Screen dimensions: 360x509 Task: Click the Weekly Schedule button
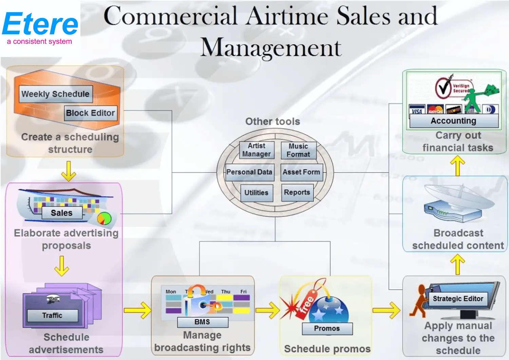[56, 94]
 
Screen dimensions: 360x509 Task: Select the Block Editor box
[91, 113]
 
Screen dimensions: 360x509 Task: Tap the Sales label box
[62, 213]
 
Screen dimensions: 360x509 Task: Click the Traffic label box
[52, 316]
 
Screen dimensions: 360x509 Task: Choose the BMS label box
[202, 322]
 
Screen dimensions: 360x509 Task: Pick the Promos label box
[327, 328]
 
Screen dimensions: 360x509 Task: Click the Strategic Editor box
[458, 299]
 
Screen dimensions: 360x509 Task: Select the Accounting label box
[453, 121]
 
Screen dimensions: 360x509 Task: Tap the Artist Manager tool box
[257, 150]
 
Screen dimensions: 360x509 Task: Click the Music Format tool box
[298, 150]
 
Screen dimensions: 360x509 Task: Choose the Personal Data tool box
[249, 172]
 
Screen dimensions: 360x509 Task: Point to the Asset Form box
[301, 172]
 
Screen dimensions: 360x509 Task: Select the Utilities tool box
[256, 193]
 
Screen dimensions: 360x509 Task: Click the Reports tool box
[297, 192]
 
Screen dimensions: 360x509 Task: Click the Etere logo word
[40, 24]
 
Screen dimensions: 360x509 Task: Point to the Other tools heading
[272, 121]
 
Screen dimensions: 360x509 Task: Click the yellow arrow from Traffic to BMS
[137, 310]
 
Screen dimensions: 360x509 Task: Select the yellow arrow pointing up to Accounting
[457, 165]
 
